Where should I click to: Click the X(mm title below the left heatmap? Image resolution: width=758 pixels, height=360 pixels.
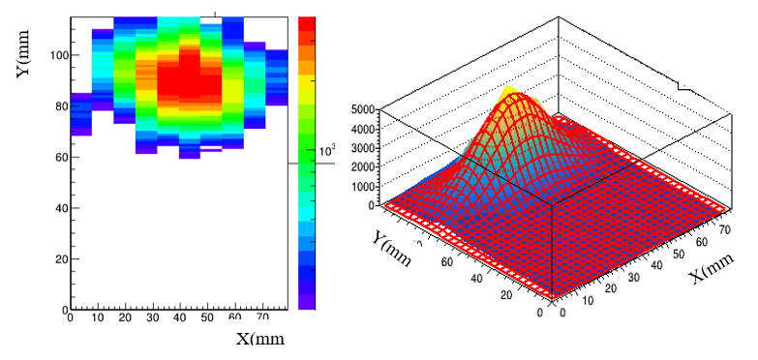(x=261, y=339)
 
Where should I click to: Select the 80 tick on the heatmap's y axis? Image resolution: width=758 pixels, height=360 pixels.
(x=57, y=106)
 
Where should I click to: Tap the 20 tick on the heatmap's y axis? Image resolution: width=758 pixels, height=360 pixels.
(x=57, y=259)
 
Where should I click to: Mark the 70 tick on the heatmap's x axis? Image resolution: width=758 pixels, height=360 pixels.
(x=261, y=317)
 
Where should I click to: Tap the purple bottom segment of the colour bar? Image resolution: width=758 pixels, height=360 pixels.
(x=307, y=301)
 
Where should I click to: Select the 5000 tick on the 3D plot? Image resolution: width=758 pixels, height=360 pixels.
(x=362, y=109)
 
